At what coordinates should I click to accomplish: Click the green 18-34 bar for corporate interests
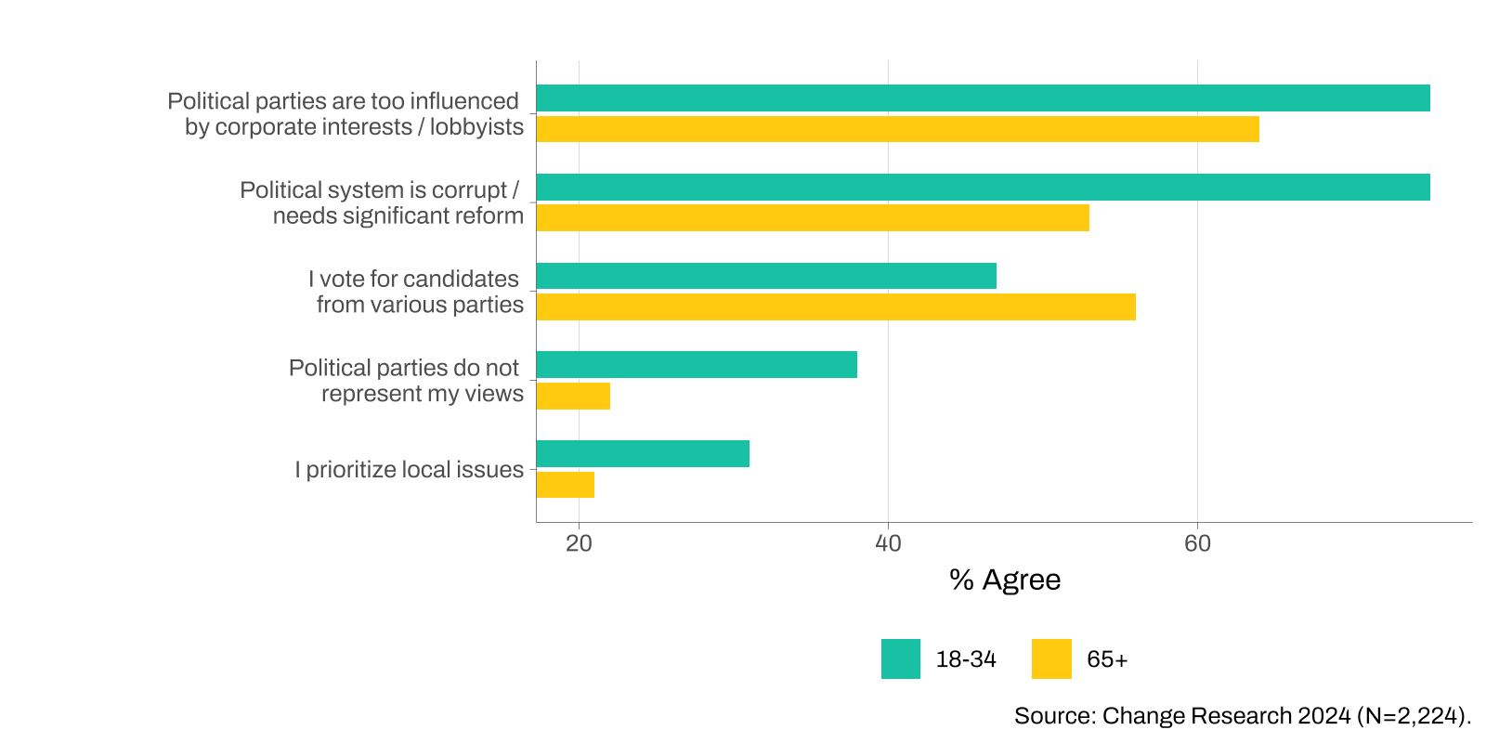(x=983, y=98)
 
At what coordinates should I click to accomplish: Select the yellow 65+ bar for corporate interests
(x=897, y=129)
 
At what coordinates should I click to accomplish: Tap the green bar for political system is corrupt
(x=983, y=188)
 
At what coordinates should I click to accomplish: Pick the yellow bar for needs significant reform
(x=813, y=218)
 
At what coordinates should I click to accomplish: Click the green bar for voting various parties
(x=766, y=276)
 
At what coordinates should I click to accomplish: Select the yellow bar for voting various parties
(x=836, y=307)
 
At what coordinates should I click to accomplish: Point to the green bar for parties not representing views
(x=697, y=365)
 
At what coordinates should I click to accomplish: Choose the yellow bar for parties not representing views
(x=573, y=397)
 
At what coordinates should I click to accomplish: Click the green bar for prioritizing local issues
(x=643, y=454)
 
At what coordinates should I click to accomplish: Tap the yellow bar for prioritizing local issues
(x=566, y=485)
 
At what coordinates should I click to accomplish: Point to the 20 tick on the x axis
(x=579, y=543)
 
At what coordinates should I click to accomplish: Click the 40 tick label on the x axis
(x=888, y=543)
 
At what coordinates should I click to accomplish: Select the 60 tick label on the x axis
(x=1197, y=543)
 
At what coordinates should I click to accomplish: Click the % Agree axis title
(x=1005, y=580)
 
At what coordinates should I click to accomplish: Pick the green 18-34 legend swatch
(x=901, y=659)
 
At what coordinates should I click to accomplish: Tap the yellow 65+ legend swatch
(x=1051, y=659)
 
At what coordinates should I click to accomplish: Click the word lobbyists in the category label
(x=476, y=127)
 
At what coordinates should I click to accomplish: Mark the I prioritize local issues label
(x=410, y=470)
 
